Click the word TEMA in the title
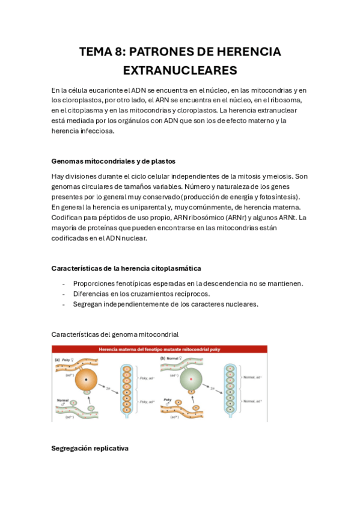96,52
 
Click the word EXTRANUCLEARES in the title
180,70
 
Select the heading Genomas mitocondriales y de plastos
113,161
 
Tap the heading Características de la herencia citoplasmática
126,268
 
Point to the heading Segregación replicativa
90,449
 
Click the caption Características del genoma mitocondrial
115,333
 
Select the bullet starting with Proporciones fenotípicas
188,283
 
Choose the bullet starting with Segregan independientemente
165,304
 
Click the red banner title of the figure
159,349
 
